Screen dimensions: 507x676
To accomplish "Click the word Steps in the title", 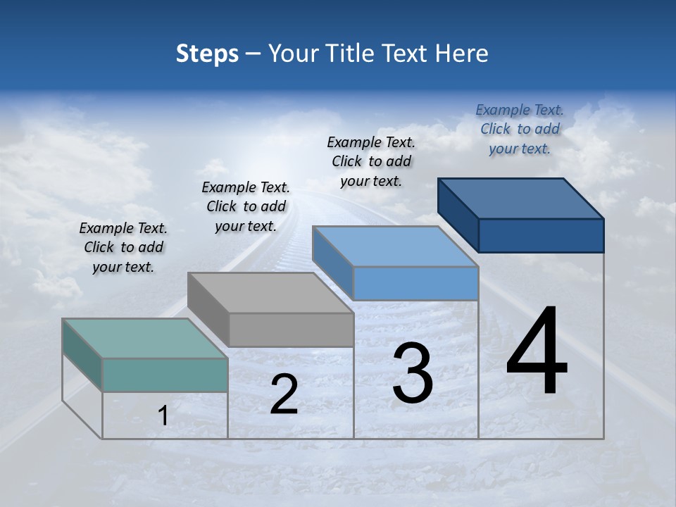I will (207, 54).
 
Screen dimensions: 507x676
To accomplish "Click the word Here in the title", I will (462, 54).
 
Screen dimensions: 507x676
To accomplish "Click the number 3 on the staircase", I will (412, 373).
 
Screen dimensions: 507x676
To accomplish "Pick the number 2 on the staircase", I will (284, 394).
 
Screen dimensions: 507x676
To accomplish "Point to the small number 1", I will (163, 415).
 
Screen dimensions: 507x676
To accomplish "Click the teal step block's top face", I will (145, 338).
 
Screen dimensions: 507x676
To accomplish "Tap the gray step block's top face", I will (270, 292).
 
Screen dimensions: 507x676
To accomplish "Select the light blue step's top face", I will (395, 246).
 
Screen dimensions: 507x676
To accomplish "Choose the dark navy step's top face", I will (521, 198).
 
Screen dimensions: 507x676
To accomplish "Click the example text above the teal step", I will (123, 247).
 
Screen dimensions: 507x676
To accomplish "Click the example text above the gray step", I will (246, 206).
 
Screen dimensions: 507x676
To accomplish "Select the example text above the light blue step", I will (371, 161).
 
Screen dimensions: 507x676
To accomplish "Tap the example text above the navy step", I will (520, 129).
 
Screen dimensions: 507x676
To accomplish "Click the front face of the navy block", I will (541, 235).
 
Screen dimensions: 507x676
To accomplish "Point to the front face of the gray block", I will (291, 330).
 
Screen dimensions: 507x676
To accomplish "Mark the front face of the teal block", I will (165, 375).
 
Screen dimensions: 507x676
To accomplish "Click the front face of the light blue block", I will (415, 283).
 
